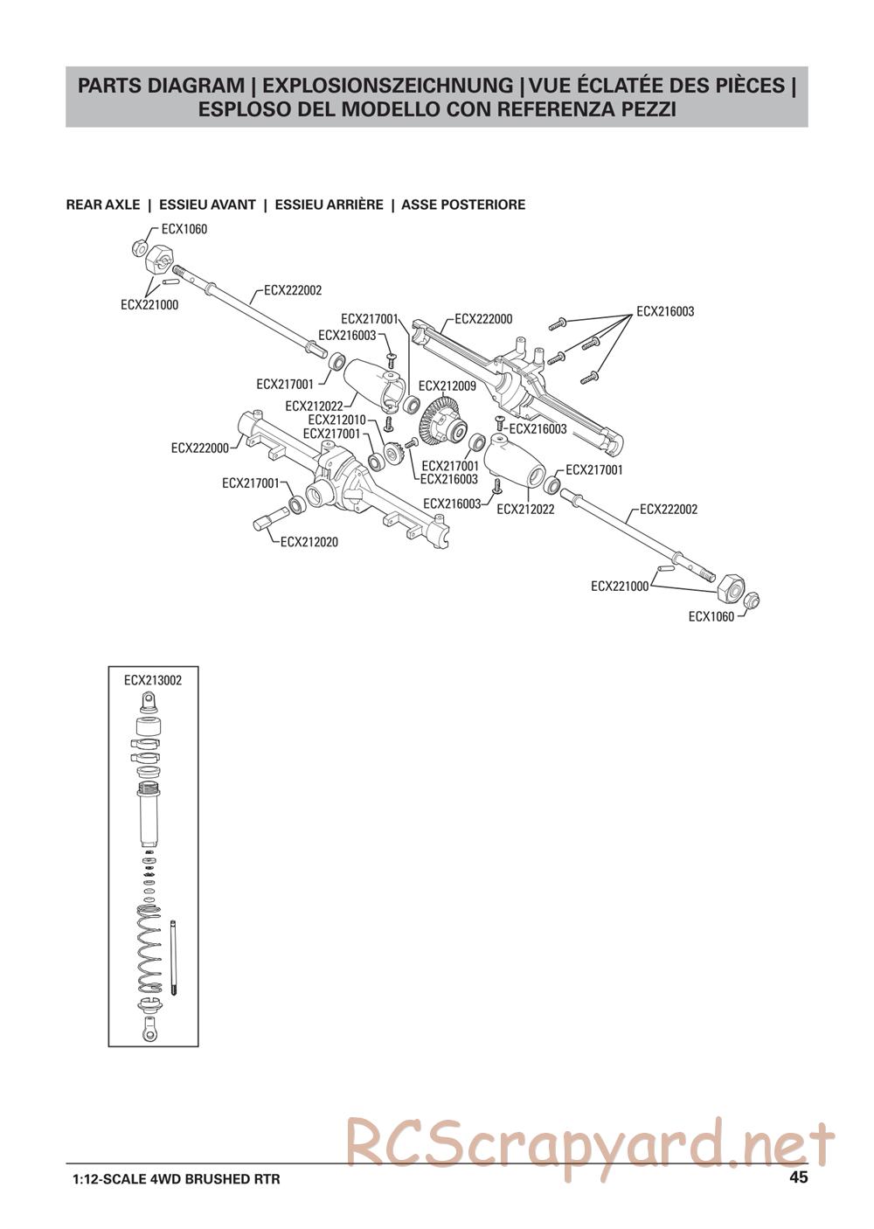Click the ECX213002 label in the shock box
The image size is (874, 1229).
coord(153,680)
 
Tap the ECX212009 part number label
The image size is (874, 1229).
coord(447,385)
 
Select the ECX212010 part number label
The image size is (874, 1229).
coord(336,420)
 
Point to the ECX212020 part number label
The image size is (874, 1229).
coord(309,542)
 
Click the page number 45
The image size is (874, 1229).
coord(798,1177)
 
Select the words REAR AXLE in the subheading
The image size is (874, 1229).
coord(103,205)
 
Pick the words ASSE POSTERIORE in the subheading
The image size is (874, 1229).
coord(463,205)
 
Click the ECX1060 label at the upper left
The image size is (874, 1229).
coord(184,229)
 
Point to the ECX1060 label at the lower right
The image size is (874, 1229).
coord(711,616)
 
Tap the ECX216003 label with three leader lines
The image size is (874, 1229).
coord(665,311)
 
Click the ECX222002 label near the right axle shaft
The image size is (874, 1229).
coord(669,509)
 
